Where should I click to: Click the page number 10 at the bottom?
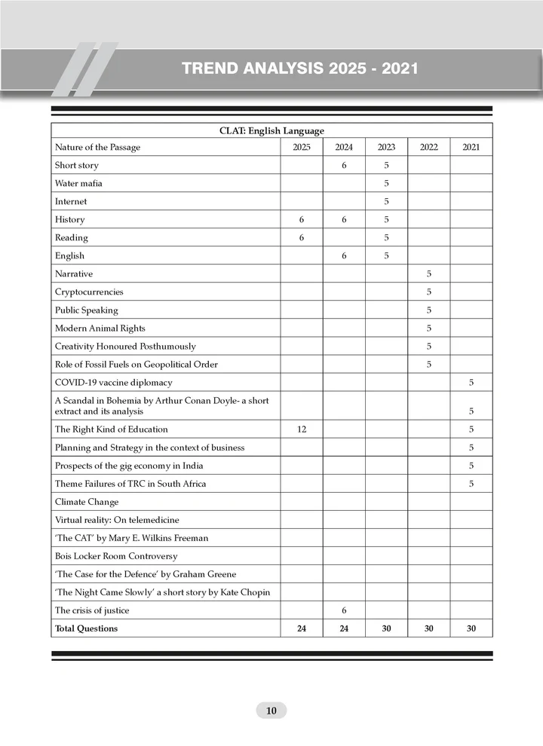(271, 711)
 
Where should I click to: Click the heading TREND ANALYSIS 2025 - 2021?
(300, 69)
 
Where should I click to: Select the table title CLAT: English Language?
(271, 130)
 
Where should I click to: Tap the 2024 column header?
(344, 148)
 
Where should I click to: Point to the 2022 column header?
(428, 148)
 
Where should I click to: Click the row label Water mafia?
(79, 183)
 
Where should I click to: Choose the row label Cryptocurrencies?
(89, 292)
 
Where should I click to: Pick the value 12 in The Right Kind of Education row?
(301, 430)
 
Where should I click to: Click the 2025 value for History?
(301, 219)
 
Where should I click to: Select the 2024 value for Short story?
(344, 165)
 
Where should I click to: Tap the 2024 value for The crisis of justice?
(344, 610)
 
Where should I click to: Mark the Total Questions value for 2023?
(386, 628)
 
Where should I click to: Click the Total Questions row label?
(87, 628)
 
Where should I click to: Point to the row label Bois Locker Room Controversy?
(116, 556)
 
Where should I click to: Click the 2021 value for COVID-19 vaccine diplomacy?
(471, 382)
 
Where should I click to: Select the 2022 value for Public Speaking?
(428, 310)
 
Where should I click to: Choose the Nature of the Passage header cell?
(97, 148)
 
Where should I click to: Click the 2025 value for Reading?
(301, 237)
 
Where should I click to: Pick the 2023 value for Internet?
(386, 201)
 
